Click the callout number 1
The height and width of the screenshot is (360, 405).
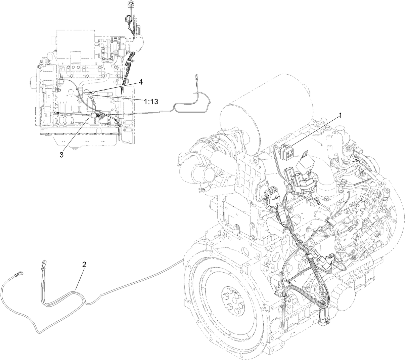(340, 115)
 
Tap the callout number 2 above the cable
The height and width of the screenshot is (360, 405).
(84, 264)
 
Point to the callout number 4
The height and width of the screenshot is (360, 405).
(141, 82)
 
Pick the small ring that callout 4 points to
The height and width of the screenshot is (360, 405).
(93, 92)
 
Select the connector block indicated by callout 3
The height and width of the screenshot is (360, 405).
(95, 116)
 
